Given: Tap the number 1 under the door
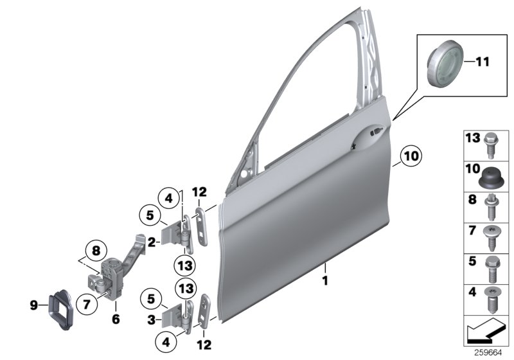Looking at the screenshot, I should coord(325,280).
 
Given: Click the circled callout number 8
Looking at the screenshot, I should coord(94,251).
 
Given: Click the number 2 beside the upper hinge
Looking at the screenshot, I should coord(150,242).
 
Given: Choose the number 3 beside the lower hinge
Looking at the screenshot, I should coord(150,319).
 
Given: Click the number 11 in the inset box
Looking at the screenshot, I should coord(483,62).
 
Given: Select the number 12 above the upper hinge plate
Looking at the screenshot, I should coord(200,192).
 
